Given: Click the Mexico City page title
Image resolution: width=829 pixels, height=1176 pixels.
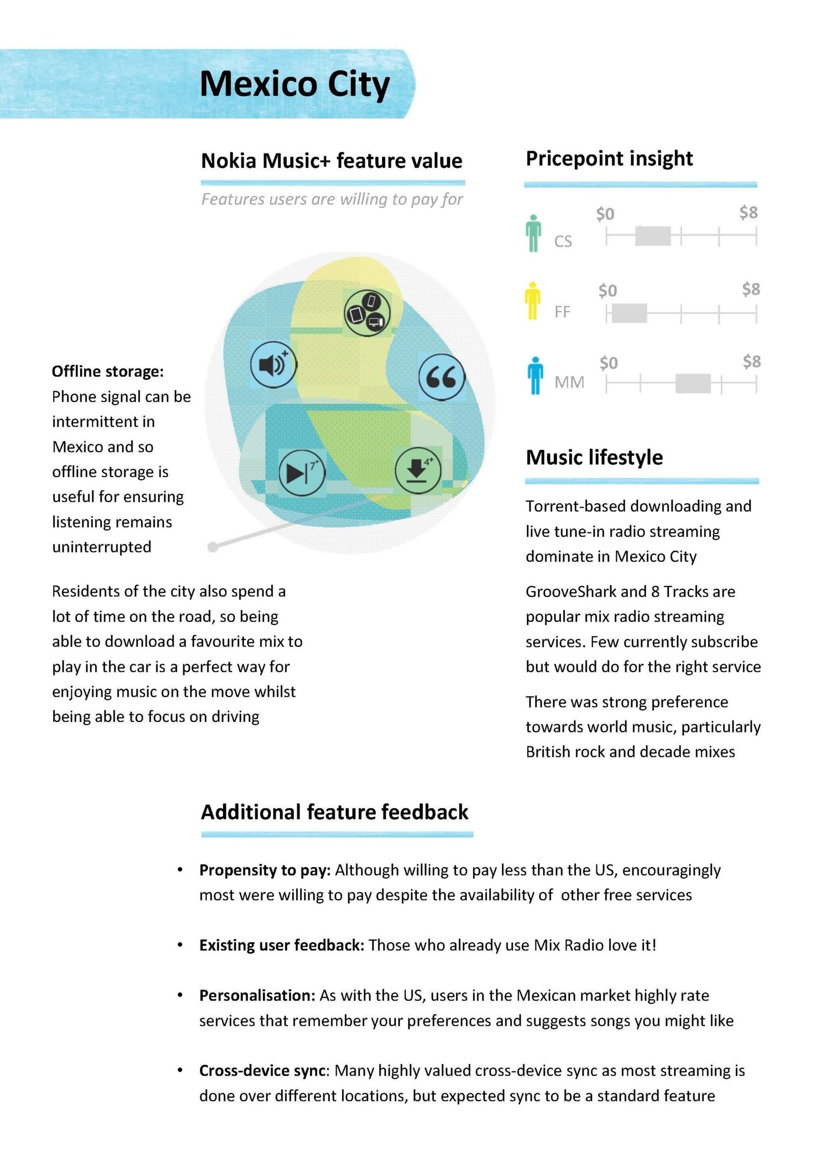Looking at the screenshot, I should [295, 85].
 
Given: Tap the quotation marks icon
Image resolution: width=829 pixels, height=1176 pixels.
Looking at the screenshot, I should [441, 377].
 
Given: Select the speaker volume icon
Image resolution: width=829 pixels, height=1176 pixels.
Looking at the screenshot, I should [273, 365].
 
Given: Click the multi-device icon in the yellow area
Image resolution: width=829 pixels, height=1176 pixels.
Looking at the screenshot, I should [366, 313].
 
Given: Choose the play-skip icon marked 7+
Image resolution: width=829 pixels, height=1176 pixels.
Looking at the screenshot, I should [301, 473].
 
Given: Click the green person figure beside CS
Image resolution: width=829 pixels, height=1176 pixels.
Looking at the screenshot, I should [533, 233].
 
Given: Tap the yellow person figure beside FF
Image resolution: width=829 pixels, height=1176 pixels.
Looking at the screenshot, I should [532, 301].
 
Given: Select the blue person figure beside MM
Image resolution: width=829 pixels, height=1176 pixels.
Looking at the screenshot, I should [535, 376].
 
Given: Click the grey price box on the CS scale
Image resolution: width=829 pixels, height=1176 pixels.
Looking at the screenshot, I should [653, 236].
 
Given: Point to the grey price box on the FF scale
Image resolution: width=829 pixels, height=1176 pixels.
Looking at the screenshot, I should [629, 313].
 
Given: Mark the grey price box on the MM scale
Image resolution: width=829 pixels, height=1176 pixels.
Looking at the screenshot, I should [692, 383].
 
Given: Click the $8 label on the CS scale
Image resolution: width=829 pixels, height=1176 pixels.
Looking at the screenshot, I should [748, 213].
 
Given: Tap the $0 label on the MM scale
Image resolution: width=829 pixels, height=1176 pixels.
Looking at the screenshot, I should [608, 363].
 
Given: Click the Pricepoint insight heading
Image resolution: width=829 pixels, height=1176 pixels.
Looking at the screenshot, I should [609, 159].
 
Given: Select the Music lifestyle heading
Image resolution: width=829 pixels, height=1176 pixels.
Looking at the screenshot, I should [594, 457].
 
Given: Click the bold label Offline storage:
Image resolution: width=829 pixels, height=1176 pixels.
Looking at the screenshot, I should [108, 371].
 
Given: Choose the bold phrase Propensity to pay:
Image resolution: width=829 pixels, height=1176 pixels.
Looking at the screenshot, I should [265, 870].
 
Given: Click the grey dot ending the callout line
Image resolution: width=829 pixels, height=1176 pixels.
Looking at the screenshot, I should [213, 547].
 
